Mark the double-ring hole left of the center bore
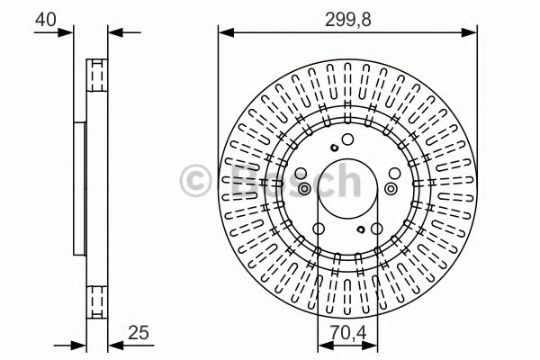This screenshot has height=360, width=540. point(303,188)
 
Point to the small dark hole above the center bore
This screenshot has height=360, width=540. point(333,148)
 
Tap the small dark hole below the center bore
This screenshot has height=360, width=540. point(362,229)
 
